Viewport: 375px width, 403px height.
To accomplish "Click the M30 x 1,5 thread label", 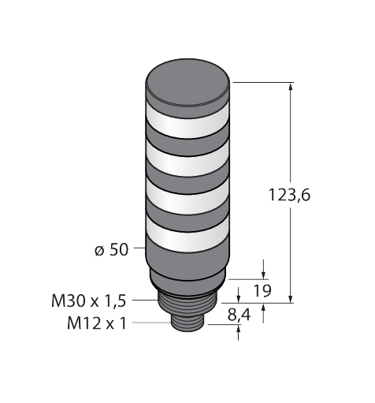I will coord(89,300).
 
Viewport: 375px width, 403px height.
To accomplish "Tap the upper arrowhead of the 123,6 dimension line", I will coord(292,88).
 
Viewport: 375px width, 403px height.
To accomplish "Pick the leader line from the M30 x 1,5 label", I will coord(145,300).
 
